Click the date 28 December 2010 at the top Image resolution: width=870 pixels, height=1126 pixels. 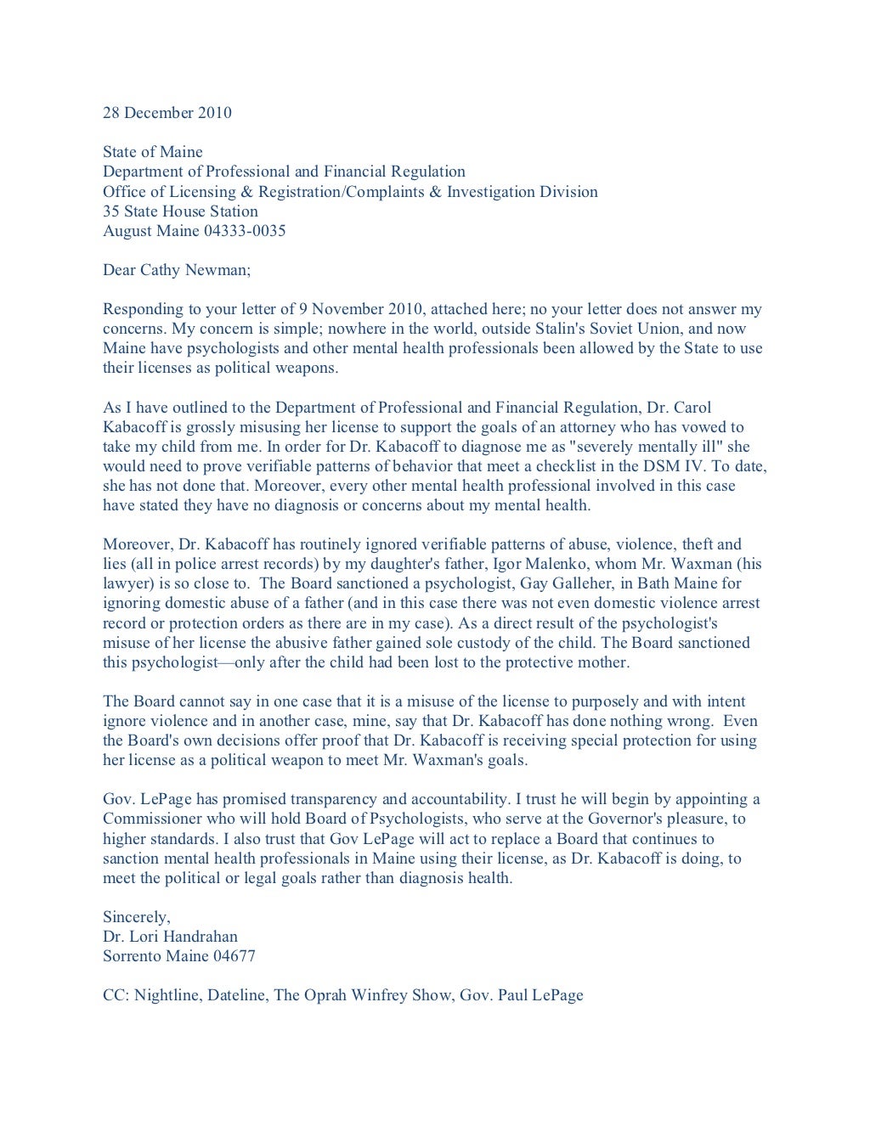pos(167,113)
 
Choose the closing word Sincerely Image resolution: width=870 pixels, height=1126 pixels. pos(136,917)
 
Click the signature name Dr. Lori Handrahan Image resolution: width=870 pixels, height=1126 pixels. pos(170,937)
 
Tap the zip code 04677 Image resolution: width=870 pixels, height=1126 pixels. pos(234,956)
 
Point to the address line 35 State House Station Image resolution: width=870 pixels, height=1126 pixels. pos(180,211)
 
